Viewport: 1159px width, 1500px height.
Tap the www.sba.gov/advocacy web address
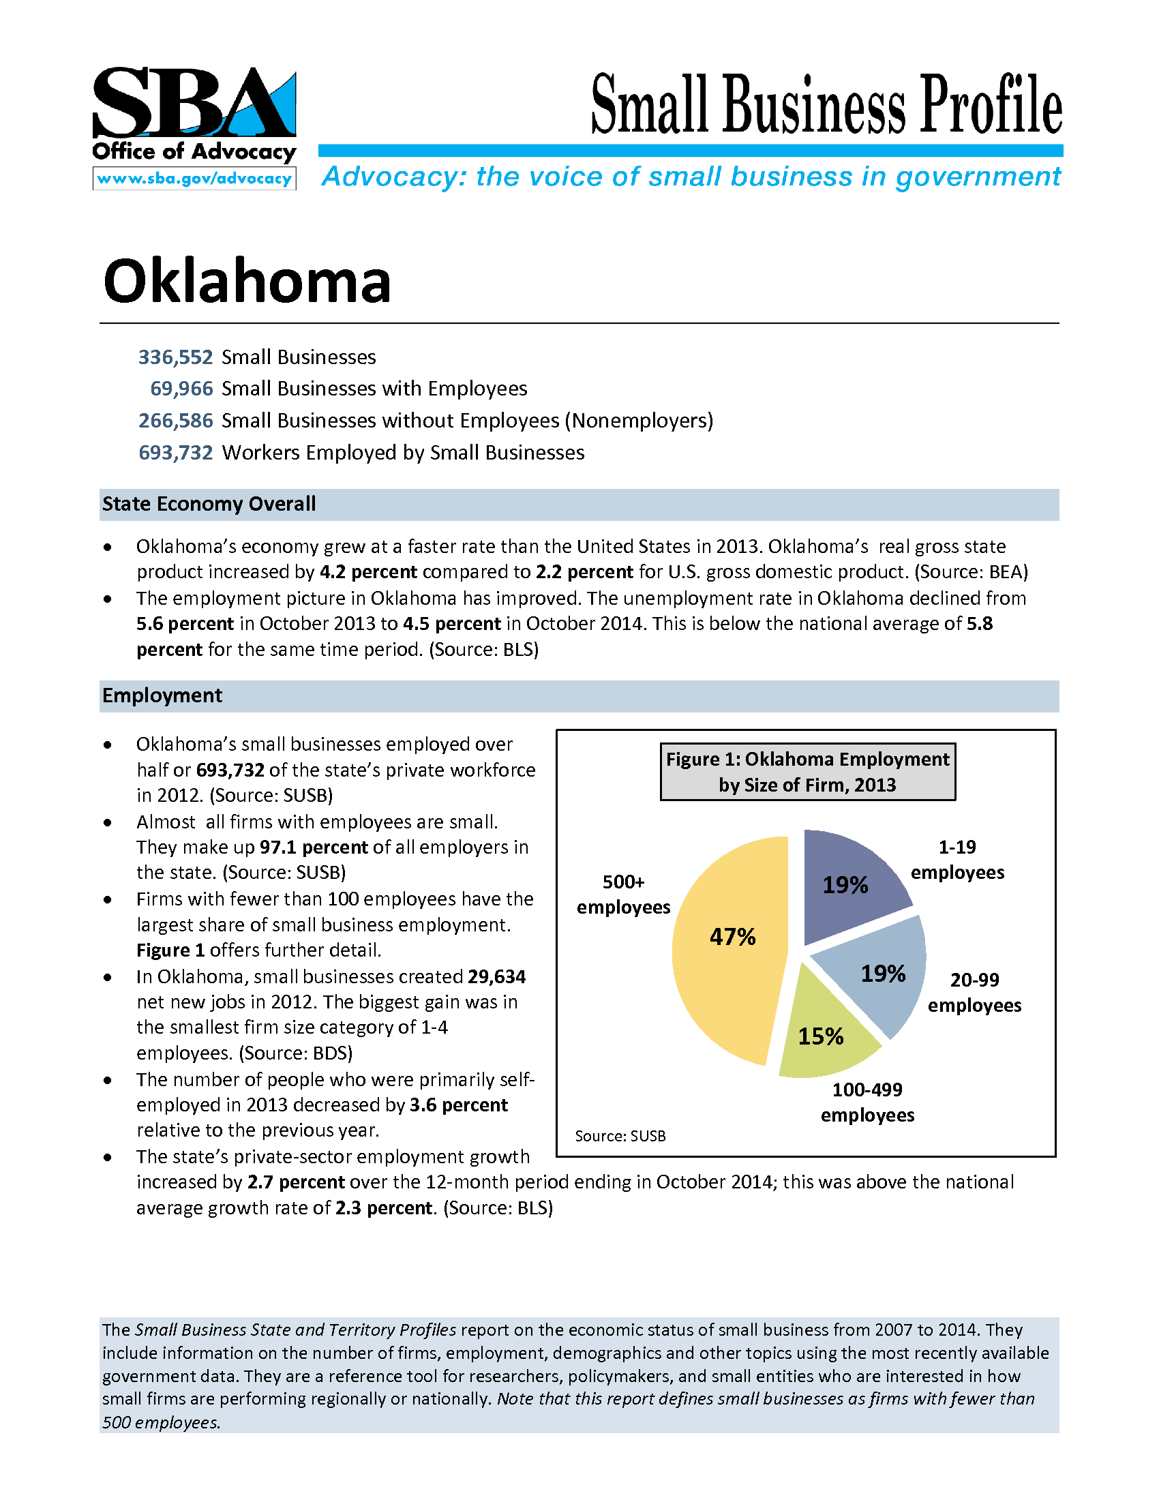point(194,179)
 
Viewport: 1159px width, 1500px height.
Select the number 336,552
point(176,357)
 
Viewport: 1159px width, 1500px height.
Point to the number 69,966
point(182,389)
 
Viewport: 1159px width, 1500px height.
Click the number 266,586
point(176,420)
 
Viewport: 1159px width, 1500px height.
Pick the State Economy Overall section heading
point(209,504)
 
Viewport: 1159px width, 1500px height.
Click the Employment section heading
point(162,695)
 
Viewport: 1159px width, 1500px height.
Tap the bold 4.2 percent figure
point(369,572)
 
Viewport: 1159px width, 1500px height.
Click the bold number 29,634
point(496,976)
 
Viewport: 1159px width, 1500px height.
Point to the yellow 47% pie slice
point(728,961)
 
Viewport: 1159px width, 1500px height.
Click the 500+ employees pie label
point(623,895)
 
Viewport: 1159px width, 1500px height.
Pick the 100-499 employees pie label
point(867,1102)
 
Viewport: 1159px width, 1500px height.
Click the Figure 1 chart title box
point(807,772)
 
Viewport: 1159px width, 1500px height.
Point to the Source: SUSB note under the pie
point(620,1136)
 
